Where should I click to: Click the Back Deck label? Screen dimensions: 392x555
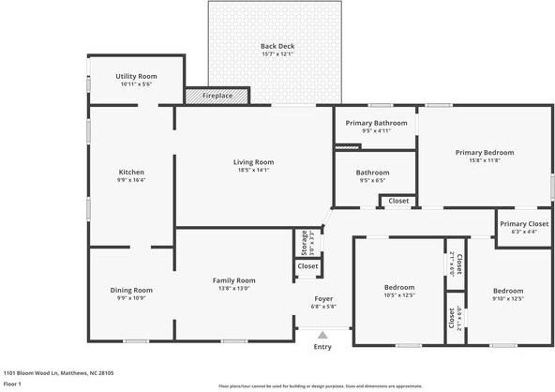point(277,46)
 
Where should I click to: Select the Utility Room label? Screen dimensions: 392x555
point(136,76)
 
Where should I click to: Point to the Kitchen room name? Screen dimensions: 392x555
point(131,172)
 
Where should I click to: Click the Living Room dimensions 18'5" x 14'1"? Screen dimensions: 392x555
point(253,171)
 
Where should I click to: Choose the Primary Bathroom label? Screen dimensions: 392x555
point(376,123)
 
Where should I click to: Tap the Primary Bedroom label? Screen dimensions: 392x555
point(485,152)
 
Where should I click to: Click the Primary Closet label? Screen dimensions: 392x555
point(524,223)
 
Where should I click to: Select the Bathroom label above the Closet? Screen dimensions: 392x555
point(372,173)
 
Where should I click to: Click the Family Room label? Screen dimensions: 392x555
point(234,280)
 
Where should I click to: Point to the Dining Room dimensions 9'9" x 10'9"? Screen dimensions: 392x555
point(131,298)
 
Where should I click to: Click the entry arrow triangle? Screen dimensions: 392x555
point(323,334)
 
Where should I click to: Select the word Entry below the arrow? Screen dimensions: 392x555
point(322,347)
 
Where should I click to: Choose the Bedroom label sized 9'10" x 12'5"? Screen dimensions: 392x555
point(508,291)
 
